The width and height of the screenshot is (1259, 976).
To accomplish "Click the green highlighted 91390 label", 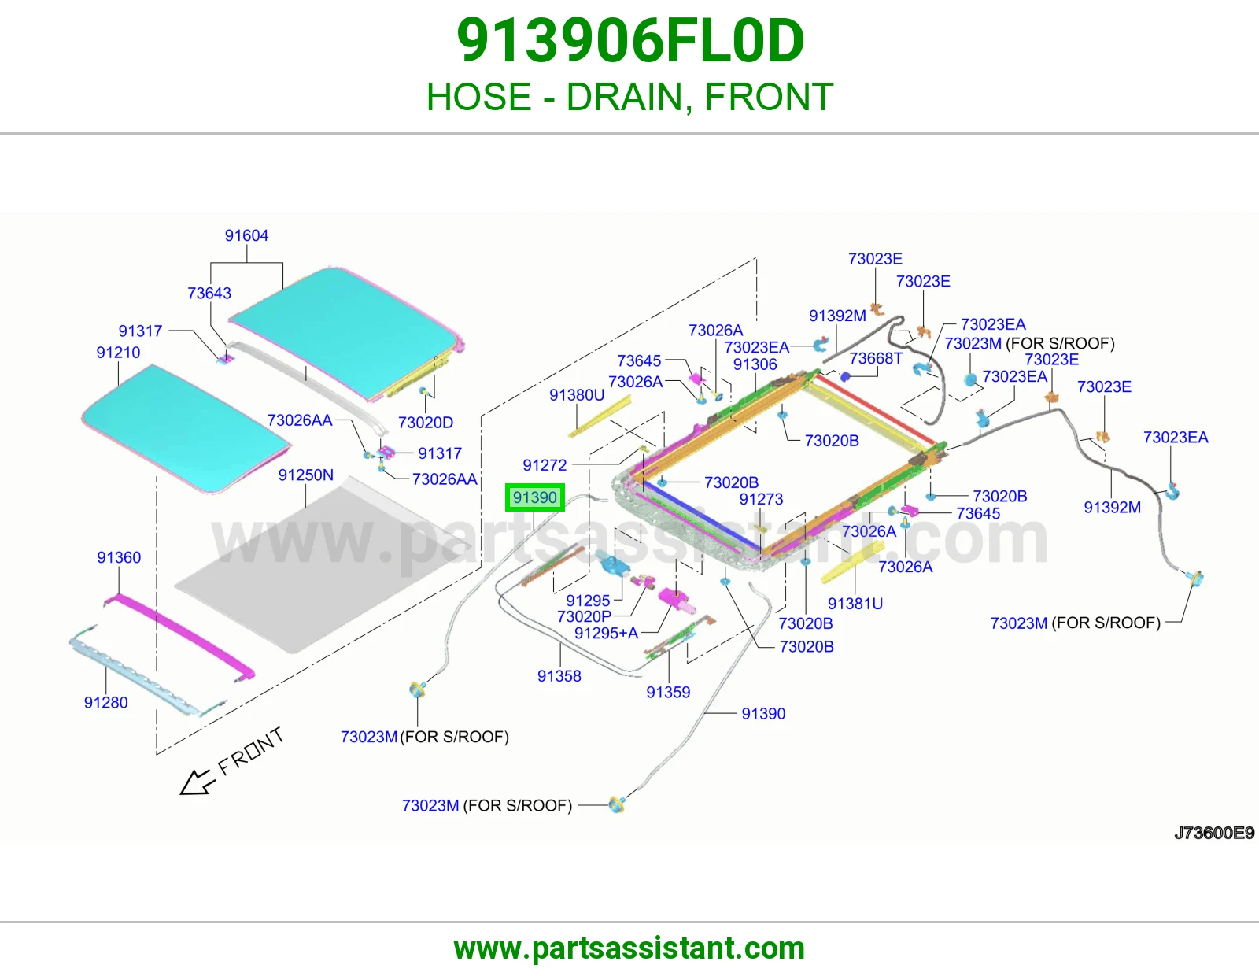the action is pyautogui.click(x=534, y=497).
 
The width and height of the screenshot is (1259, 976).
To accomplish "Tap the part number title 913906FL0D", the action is pyautogui.click(x=630, y=41).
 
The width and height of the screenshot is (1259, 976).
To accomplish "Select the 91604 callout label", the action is pyautogui.click(x=246, y=235).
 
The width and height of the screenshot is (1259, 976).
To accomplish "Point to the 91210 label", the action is pyautogui.click(x=118, y=353).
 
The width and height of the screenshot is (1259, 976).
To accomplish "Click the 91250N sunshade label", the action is pyautogui.click(x=306, y=475).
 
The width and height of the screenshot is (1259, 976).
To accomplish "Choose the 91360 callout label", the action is pyautogui.click(x=119, y=557).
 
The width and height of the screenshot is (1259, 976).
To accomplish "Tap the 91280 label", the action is pyautogui.click(x=105, y=702).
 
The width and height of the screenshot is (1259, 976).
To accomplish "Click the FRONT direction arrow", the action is pyautogui.click(x=196, y=782).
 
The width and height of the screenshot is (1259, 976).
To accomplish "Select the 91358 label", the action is pyautogui.click(x=559, y=676).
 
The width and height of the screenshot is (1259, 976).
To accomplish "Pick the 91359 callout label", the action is pyautogui.click(x=668, y=692).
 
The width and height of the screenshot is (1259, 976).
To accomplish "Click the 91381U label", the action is pyautogui.click(x=855, y=604).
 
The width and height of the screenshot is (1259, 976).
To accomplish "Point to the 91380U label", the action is pyautogui.click(x=577, y=395).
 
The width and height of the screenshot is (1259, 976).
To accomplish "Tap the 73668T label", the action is pyautogui.click(x=876, y=359).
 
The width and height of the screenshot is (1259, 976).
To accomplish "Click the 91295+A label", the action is pyautogui.click(x=606, y=633).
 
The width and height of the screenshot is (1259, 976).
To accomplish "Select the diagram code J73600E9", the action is pyautogui.click(x=1214, y=833).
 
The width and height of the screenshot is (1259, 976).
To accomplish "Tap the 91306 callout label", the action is pyautogui.click(x=755, y=364).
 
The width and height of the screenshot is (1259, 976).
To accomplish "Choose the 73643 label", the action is pyautogui.click(x=209, y=294).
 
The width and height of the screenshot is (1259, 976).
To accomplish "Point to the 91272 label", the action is pyautogui.click(x=545, y=465).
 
